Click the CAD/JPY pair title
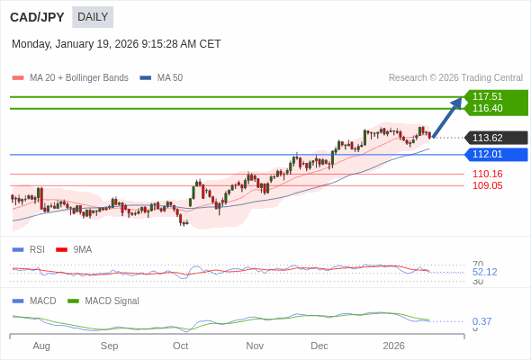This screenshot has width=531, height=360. [x=37, y=16]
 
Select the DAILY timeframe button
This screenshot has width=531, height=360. [x=93, y=16]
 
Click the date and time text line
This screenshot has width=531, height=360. [x=116, y=44]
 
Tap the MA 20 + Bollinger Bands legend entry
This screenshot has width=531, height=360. [x=78, y=78]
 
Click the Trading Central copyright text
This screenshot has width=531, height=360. [x=455, y=78]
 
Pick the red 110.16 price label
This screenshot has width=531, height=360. [x=487, y=174]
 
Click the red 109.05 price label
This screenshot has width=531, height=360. [x=487, y=185]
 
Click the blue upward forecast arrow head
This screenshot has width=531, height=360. [x=458, y=102]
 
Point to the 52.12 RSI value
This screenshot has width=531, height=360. [x=484, y=272]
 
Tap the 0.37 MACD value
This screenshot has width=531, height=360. [x=481, y=321]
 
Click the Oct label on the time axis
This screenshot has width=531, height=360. [x=180, y=346]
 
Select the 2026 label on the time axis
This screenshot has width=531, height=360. [x=393, y=346]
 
